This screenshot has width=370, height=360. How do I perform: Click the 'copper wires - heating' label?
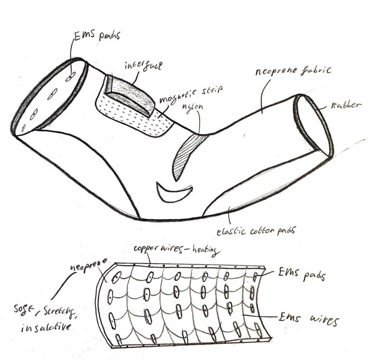point(177,250)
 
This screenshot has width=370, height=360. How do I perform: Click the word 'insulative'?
point(45,327)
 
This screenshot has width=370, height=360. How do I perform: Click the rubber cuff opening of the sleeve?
point(313,125)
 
